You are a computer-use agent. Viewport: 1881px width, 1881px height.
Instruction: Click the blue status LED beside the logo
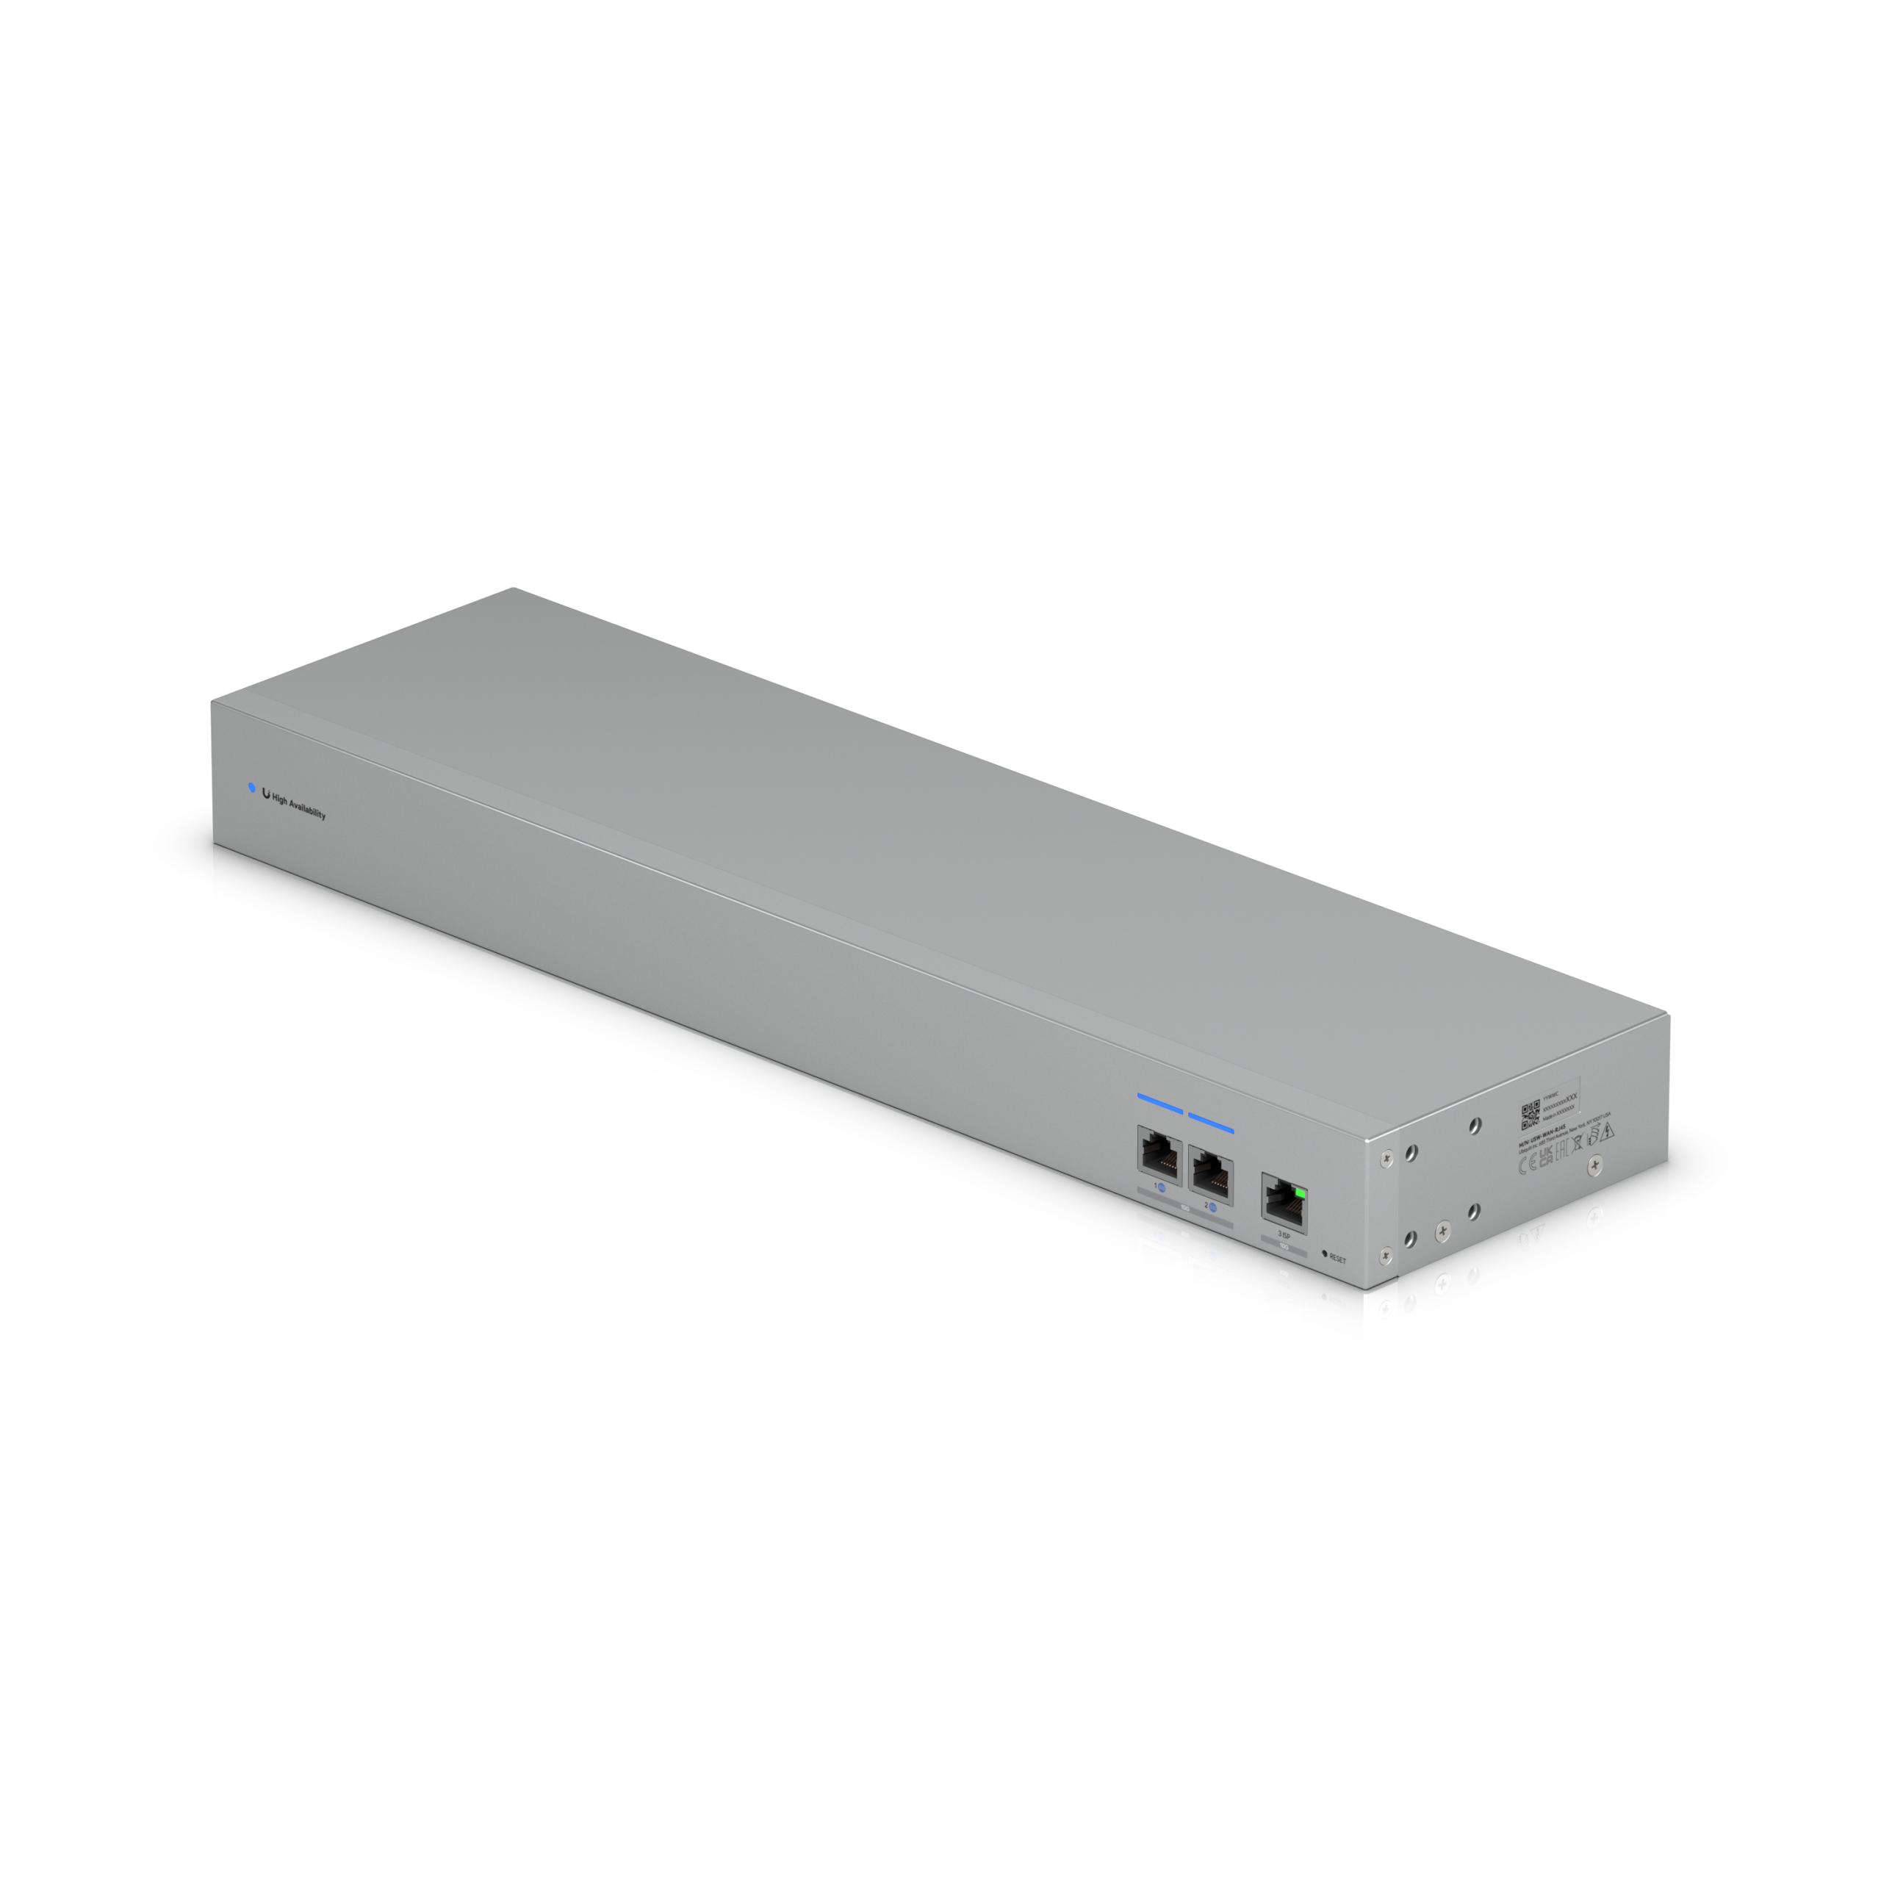pos(252,787)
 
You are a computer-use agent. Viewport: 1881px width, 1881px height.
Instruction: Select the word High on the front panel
pos(281,800)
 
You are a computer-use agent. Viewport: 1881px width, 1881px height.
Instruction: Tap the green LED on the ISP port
pos(1300,1192)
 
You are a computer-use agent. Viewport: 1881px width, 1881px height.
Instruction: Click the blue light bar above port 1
pos(1159,1103)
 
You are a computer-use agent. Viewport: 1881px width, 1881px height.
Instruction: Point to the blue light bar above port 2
pos(1211,1121)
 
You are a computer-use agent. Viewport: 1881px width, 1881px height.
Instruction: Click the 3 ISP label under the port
pos(1283,1234)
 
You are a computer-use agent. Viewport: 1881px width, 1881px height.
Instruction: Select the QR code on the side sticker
pos(1530,1115)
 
